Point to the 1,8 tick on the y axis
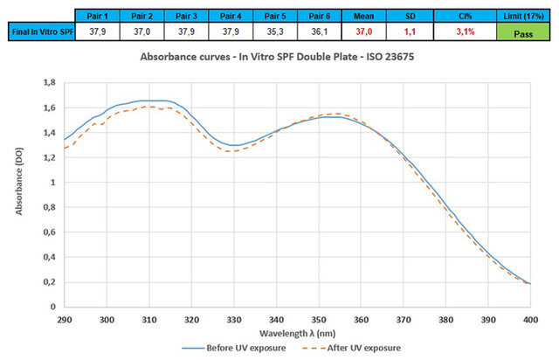48,83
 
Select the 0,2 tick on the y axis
48,282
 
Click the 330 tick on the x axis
233,320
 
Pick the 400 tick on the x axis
530,320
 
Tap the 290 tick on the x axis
64,320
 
